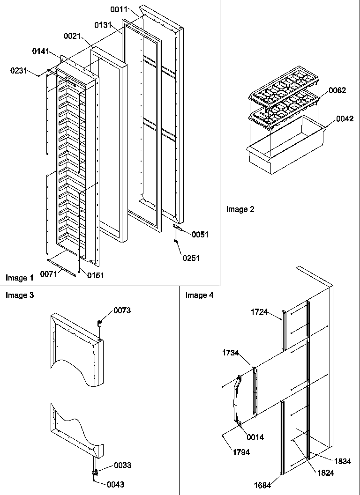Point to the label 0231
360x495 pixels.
(19, 70)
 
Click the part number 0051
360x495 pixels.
(200, 235)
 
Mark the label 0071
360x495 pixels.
(49, 273)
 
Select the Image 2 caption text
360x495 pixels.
(240, 209)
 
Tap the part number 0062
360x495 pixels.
(337, 90)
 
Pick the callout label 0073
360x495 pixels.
(122, 310)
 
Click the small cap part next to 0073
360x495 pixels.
(99, 323)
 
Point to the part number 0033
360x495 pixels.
(122, 465)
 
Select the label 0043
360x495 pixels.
(115, 485)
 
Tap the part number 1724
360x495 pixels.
(259, 312)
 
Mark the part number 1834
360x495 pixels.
(343, 461)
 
